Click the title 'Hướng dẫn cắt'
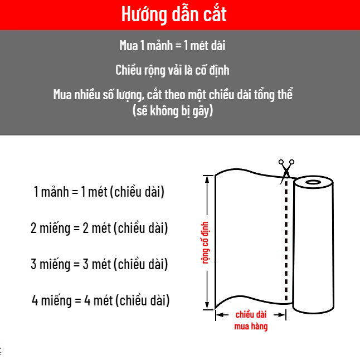tap(174, 14)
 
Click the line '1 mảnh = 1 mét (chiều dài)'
tap(99, 192)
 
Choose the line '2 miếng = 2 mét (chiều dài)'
tap(99, 228)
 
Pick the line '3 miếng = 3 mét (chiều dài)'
tap(99, 264)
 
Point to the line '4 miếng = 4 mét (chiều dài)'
tap(100, 301)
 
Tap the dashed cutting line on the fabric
tap(286, 240)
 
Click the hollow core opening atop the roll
tap(313, 182)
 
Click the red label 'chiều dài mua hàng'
tap(250, 320)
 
